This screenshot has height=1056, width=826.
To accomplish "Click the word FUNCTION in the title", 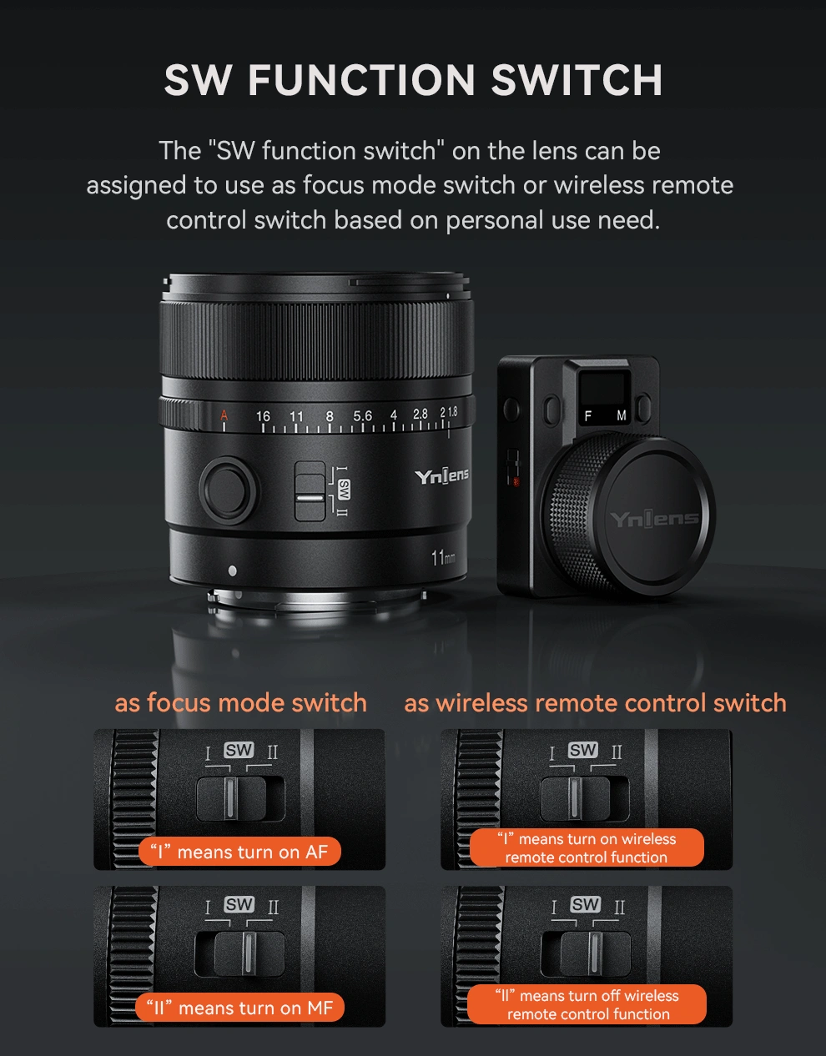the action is click(x=361, y=80).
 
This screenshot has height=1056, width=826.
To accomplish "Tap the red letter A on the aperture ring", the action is click(x=224, y=415).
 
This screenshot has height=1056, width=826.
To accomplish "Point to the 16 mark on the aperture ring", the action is click(x=263, y=416).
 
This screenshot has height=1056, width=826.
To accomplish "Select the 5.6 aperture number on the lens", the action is click(x=362, y=416).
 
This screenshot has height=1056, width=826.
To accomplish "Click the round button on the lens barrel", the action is click(x=228, y=490).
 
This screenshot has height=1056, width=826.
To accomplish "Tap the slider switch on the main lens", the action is click(x=310, y=491).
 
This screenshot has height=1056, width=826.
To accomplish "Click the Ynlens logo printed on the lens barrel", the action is click(x=441, y=476).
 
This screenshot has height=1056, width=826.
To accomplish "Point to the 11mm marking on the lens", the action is click(x=443, y=558).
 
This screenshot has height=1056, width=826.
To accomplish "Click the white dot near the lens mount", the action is click(x=233, y=571).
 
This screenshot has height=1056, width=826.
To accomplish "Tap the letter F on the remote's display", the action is click(x=588, y=416).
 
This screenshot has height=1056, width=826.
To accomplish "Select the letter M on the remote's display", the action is click(x=622, y=416).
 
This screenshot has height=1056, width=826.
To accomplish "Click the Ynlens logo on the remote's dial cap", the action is click(x=654, y=520).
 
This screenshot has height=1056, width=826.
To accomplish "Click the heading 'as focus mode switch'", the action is click(x=240, y=702).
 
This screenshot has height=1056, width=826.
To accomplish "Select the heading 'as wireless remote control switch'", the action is click(x=595, y=702).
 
